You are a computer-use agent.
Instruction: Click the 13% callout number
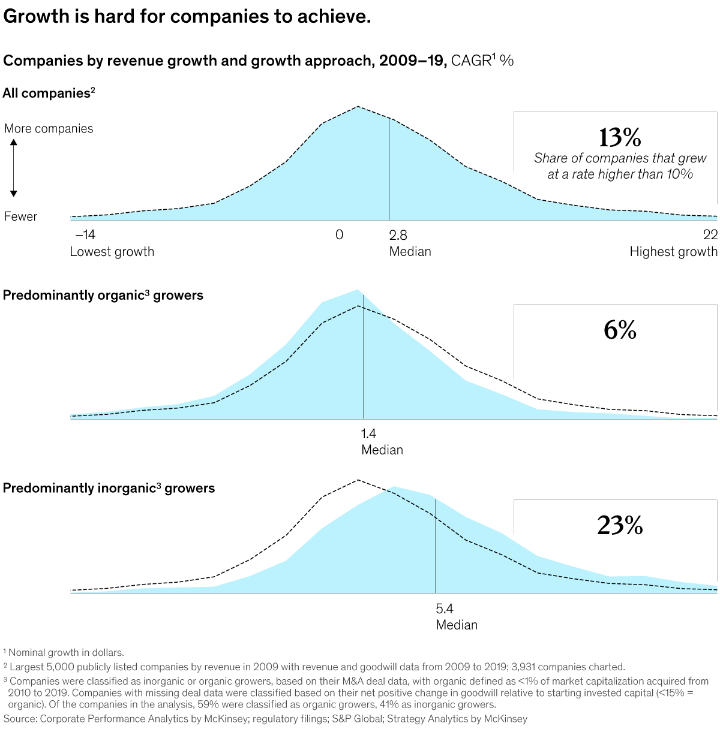tap(620, 138)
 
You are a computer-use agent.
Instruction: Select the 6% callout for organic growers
tap(620, 330)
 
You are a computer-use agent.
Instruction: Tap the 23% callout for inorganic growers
tap(620, 525)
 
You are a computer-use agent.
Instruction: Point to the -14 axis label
tap(85, 234)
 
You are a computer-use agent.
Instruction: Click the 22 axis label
tap(710, 234)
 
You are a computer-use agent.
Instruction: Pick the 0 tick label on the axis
tap(340, 234)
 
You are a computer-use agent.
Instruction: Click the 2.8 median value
tap(398, 234)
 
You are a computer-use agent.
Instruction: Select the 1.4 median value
tap(369, 433)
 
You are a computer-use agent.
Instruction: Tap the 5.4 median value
tap(445, 608)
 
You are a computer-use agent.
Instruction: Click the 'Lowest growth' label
tap(112, 252)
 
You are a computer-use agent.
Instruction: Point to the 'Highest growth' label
tap(673, 252)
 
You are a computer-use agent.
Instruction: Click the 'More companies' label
tap(49, 128)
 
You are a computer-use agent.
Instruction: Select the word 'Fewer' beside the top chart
tap(20, 216)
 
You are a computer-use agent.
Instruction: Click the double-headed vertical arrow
tap(13, 168)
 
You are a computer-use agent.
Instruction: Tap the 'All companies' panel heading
tap(46, 93)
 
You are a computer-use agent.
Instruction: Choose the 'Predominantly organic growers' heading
tap(103, 295)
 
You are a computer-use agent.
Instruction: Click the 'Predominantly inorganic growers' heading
tap(109, 488)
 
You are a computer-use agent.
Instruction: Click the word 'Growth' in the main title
tap(36, 16)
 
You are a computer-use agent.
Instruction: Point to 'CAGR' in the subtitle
tap(471, 61)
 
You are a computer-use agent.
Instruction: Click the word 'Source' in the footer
tap(19, 718)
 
